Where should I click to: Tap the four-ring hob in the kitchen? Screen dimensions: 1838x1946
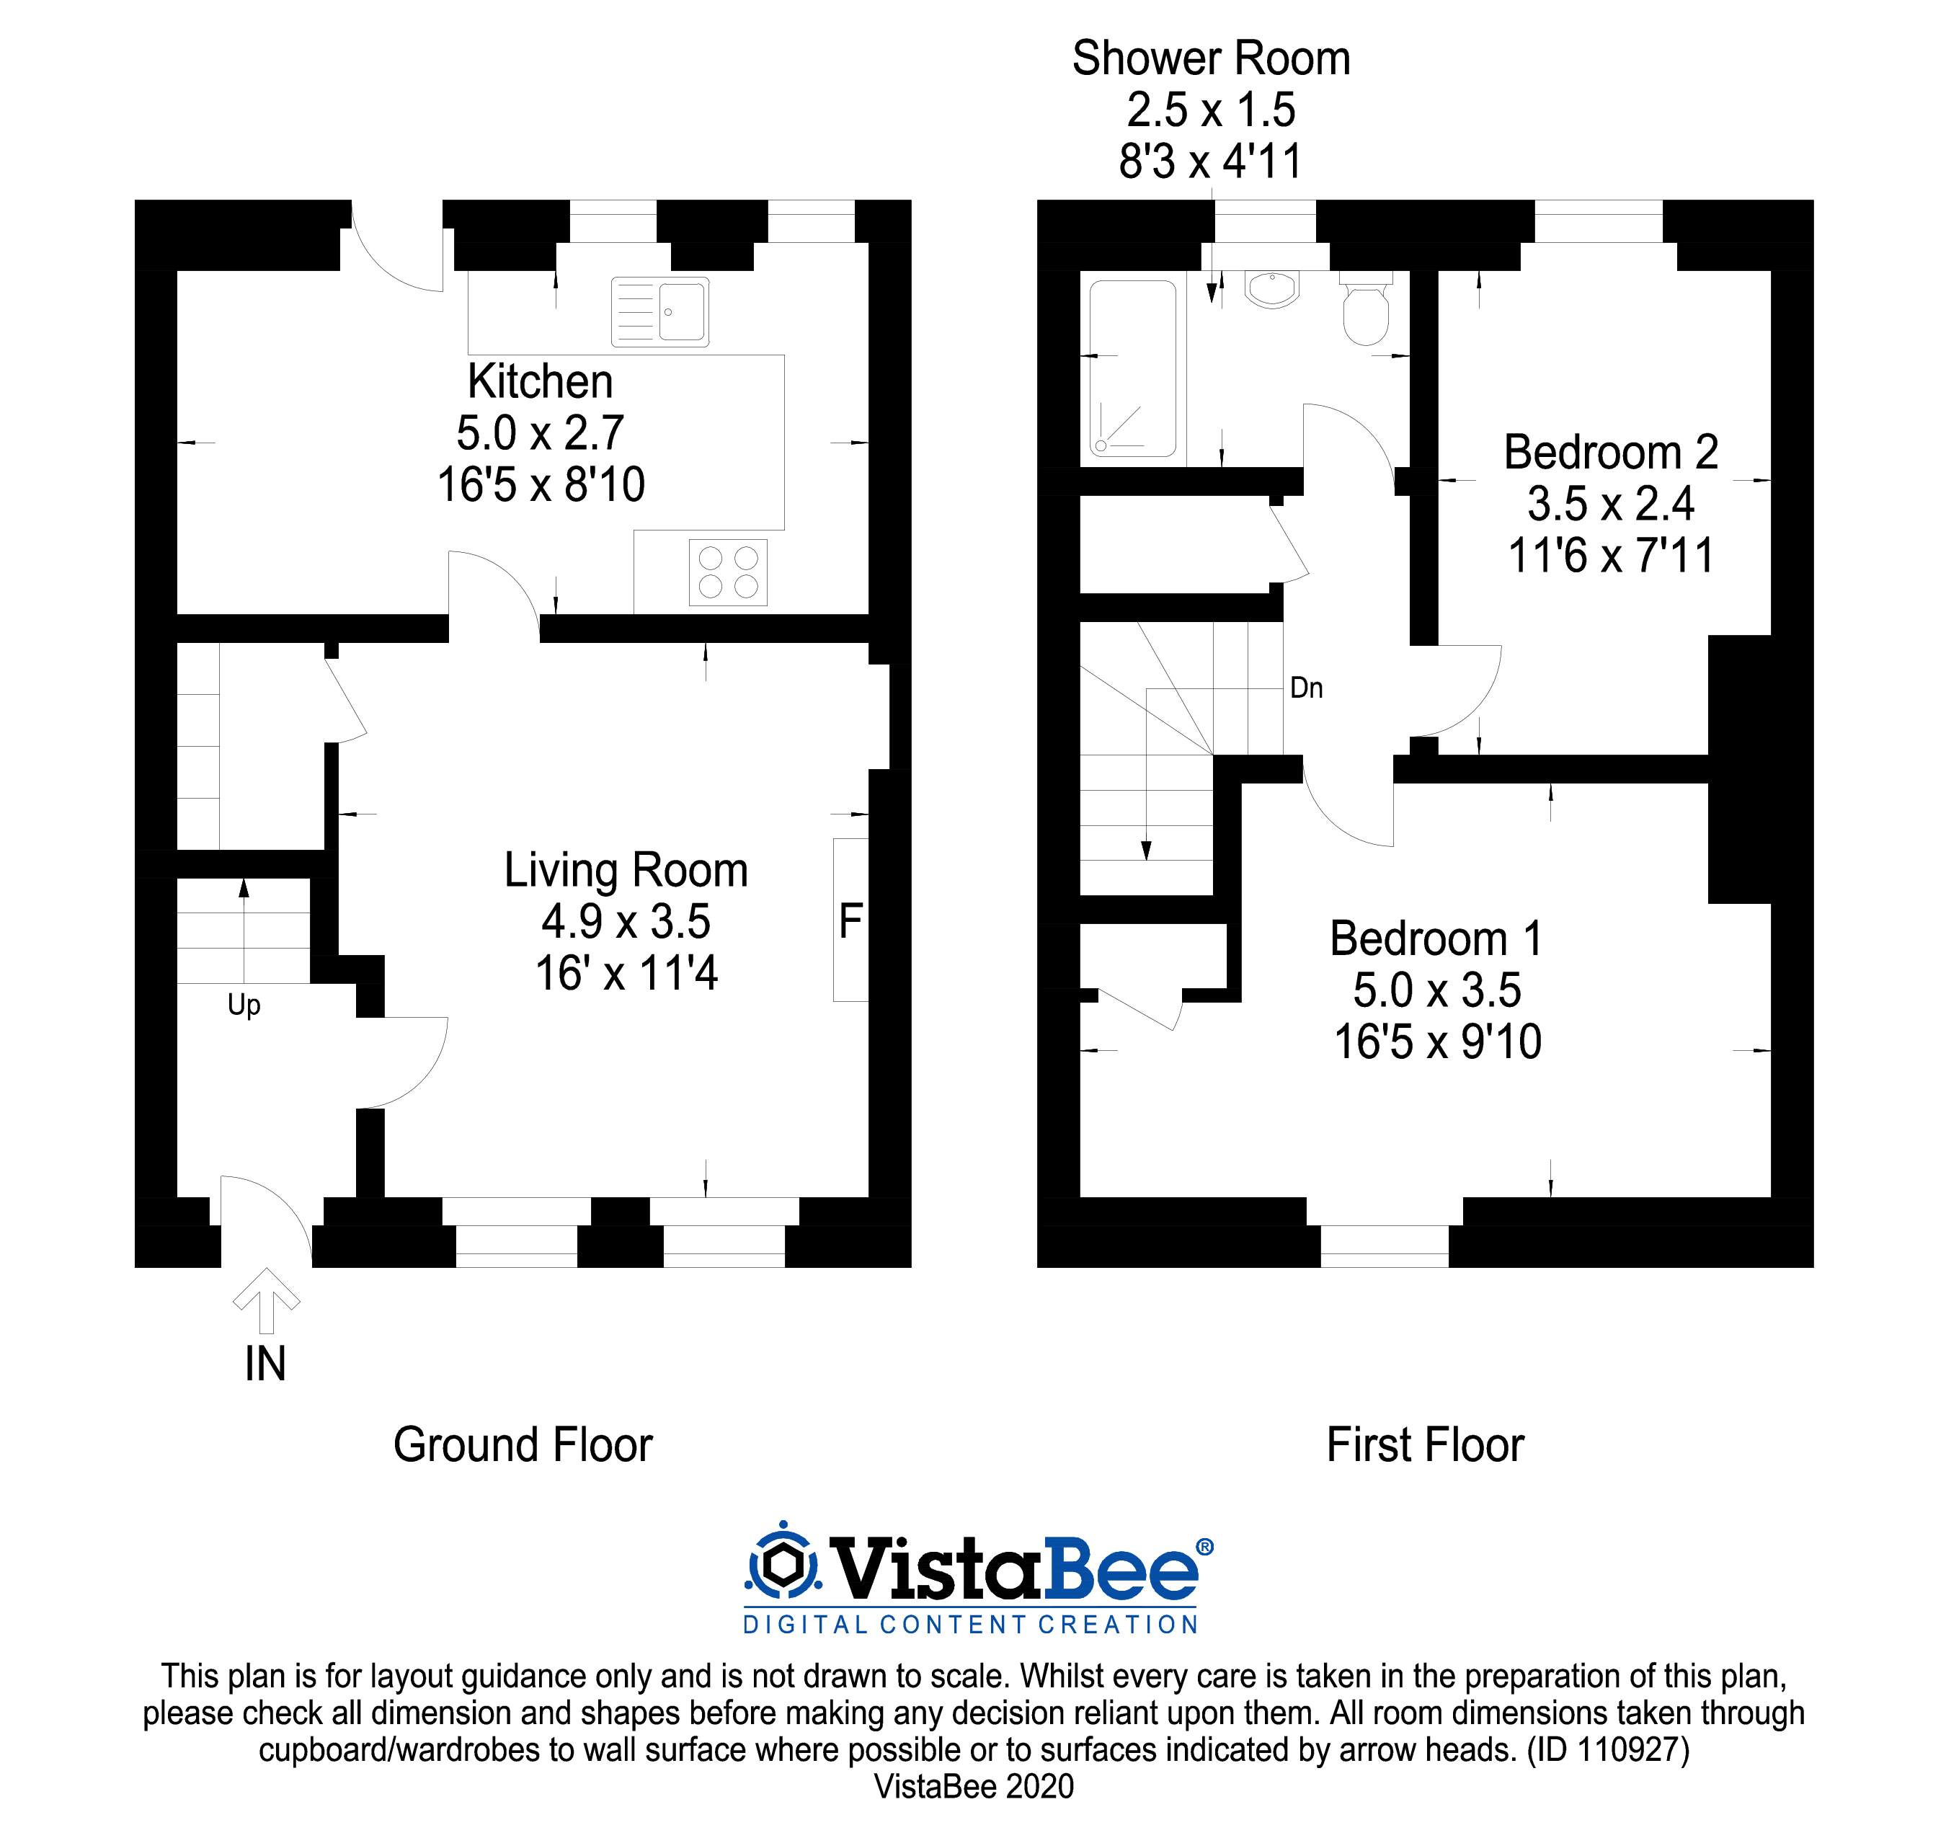728,572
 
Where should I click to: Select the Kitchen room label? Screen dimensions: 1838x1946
540,381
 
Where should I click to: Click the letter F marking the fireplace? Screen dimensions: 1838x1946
850,921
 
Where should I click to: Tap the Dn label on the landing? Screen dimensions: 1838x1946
1306,688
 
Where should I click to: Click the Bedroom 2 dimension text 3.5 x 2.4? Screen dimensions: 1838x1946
1610,505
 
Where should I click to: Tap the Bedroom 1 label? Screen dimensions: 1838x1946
1436,938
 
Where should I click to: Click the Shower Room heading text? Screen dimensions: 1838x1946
1211,59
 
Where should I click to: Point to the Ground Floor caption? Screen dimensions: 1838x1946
523,1445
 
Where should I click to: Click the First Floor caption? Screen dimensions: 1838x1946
1425,1445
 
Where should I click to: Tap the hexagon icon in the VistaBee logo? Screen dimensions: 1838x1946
782,1566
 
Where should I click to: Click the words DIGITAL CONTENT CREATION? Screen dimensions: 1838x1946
970,1625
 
